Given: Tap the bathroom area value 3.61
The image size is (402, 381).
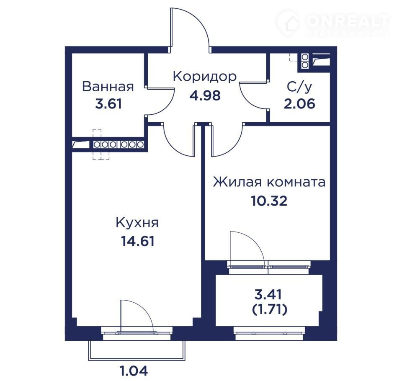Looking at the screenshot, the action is coord(108,104).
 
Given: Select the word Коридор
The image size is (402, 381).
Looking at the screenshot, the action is coord(205,76).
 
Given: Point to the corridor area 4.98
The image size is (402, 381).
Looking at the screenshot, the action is coord(205,95).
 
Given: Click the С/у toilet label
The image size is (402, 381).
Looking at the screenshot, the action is coord(299,86).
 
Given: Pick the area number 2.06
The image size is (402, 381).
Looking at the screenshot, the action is coord(299,104).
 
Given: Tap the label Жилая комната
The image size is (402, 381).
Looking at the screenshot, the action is coord(269,182).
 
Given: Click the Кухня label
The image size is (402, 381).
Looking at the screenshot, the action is coord(137,223).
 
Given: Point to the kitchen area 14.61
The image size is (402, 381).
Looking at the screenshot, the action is coord(137,241).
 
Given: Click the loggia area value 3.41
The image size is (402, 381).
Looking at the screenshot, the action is coord(268,294).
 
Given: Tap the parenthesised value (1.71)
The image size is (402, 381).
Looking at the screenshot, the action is coord(269,309).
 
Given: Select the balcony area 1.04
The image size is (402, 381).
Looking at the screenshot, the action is coord(134,371).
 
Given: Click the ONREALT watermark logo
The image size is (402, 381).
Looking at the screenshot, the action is coord(333,23).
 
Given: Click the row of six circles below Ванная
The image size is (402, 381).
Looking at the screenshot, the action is coord(119,144).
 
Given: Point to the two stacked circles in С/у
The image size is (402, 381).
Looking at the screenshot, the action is coord(305,61).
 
